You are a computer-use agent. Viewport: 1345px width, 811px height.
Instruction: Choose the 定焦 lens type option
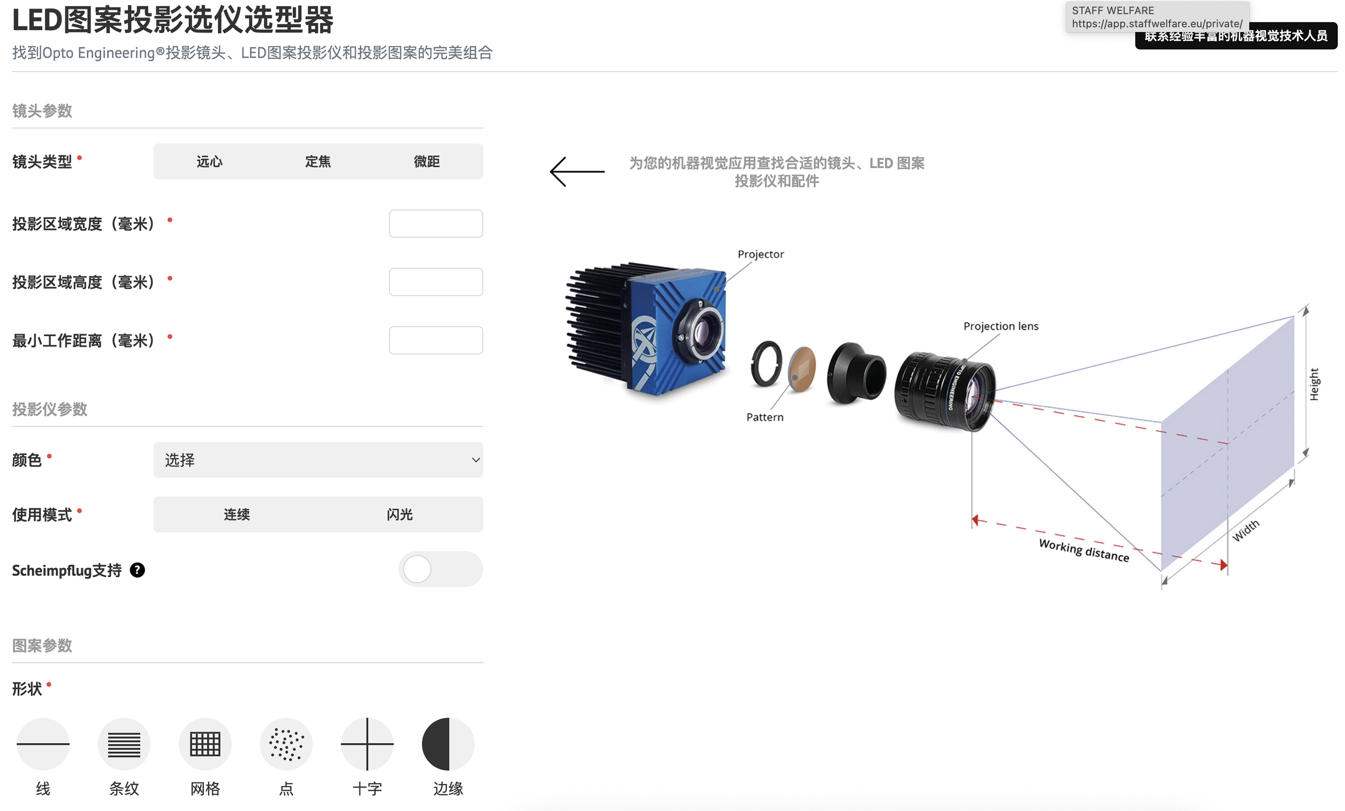pos(318,161)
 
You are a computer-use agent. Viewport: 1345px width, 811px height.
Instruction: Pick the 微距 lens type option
pos(426,161)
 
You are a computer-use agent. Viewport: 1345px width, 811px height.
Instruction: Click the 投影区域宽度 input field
pos(436,224)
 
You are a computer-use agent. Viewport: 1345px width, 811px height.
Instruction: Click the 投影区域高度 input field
pos(436,282)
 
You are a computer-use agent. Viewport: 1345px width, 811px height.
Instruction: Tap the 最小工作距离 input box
pos(436,340)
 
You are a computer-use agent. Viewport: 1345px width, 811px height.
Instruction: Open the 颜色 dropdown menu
pos(318,460)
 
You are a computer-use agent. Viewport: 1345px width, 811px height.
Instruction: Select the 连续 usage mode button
pos(236,514)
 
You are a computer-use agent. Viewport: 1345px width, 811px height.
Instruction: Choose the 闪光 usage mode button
pos(400,514)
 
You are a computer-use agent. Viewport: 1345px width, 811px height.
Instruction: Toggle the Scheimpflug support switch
pos(440,569)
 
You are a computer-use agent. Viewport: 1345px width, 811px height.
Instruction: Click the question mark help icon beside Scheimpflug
pos(137,570)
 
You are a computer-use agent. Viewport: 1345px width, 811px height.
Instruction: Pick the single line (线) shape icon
pos(43,744)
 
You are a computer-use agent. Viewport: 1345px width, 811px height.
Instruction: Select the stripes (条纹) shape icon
pos(124,744)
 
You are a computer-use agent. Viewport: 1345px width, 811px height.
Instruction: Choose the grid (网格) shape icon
pos(205,744)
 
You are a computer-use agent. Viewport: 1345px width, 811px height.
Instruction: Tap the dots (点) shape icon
pos(286,744)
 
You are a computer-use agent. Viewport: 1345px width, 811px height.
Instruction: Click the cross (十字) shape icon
pos(368,744)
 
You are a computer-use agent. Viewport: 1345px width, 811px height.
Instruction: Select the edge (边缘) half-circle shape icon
pos(448,744)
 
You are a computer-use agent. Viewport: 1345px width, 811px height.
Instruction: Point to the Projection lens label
pos(1001,326)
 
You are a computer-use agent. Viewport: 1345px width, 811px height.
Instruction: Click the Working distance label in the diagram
pos(1084,550)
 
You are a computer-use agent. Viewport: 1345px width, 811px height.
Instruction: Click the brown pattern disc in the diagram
pos(802,369)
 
